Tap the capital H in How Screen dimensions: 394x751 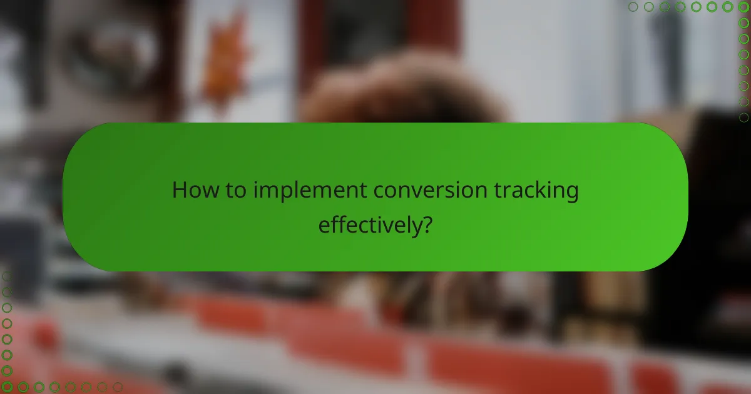click(180, 191)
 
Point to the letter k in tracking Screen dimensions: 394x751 click(544, 191)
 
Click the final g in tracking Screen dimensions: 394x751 click(570, 194)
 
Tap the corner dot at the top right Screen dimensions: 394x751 click(743, 7)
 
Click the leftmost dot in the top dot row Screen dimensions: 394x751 click(633, 7)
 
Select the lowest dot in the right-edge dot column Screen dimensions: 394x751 click(743, 117)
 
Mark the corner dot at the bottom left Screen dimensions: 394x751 click(7, 387)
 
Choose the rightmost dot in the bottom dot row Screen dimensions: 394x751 click(117, 387)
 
